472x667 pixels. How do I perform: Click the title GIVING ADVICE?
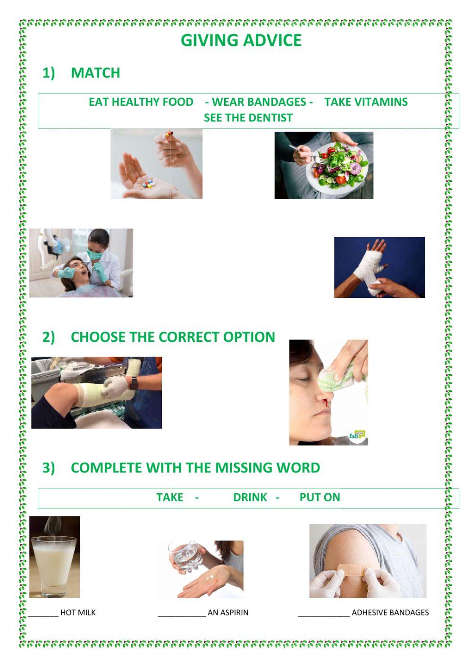241,41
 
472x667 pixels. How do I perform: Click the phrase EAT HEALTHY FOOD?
141,102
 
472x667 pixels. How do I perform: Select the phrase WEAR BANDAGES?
259,102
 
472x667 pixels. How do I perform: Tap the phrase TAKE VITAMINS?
366,102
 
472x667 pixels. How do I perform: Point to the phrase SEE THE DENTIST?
248,118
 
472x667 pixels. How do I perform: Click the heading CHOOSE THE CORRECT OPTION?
173,337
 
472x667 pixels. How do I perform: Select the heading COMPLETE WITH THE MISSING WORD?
195,468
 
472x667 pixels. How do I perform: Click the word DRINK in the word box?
250,498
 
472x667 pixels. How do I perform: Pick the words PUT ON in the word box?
320,498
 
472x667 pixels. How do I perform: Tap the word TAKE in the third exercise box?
169,498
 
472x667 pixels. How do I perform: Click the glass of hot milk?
53,564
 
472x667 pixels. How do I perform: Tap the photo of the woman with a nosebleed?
328,392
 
